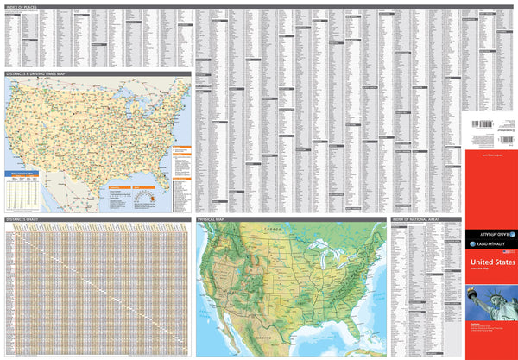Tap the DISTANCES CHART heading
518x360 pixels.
pos(21,220)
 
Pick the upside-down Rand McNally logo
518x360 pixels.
pos(490,234)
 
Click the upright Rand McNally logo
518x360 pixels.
pos(490,244)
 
